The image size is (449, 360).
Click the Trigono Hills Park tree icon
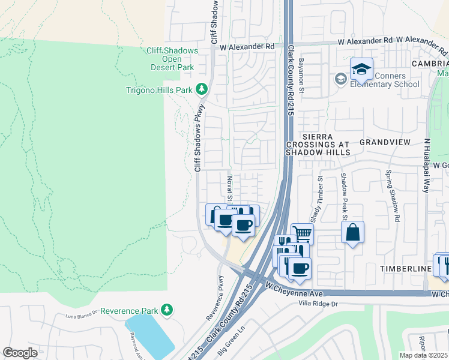202,90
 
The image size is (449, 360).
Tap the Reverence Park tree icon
167,310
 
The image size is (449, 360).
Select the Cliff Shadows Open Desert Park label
171,59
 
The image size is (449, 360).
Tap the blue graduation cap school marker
362,70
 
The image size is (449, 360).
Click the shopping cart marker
303,233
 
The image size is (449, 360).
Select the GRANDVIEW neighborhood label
384,142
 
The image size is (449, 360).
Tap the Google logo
20,353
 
